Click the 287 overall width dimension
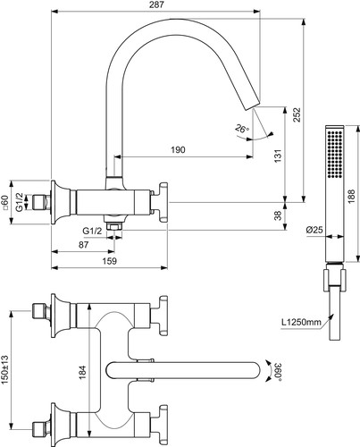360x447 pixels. point(157,5)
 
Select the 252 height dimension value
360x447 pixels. point(297,114)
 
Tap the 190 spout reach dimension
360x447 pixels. point(178,149)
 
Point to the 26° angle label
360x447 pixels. point(242,129)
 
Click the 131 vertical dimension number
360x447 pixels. point(278,156)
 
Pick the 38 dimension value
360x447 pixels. point(278,215)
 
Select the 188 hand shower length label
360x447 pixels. point(352,196)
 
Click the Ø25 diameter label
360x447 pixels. point(314,230)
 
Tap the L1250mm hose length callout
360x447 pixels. point(301,322)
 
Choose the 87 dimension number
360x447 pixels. point(84,245)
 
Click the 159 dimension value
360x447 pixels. point(109,261)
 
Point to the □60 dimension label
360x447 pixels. point(5,202)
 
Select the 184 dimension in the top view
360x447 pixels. point(82,372)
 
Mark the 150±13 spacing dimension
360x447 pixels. point(5,369)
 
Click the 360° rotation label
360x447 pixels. point(278,372)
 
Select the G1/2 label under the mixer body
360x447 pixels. point(92,231)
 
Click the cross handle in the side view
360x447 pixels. point(161,202)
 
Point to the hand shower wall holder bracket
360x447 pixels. point(335,280)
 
